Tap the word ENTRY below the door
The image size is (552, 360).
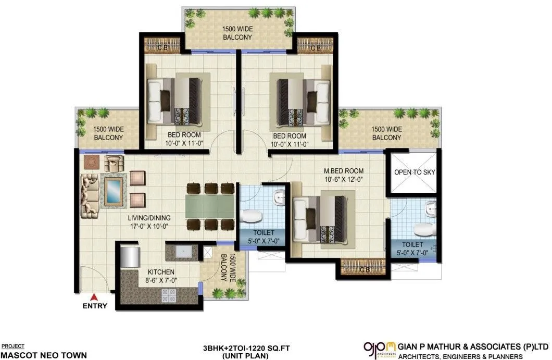(x=95, y=306)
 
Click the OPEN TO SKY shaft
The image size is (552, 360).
(x=415, y=172)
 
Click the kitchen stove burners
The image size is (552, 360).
(x=168, y=296)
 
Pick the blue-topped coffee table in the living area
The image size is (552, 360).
(x=114, y=191)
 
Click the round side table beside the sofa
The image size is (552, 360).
(x=92, y=162)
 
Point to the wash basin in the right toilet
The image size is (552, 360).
(x=430, y=208)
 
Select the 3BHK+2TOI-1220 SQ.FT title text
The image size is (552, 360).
(x=236, y=348)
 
